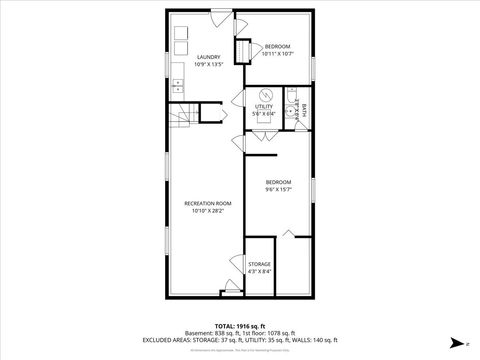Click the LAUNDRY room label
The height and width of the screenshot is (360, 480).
pos(208,57)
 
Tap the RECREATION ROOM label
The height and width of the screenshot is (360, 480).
pos(207,203)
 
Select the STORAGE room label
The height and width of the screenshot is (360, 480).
pos(259,264)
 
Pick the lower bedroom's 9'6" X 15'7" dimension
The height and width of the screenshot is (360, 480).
pos(278,189)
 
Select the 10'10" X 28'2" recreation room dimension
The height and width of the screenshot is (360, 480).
pos(207,211)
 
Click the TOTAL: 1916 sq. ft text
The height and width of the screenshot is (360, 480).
pos(240,326)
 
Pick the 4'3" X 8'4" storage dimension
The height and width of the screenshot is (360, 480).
pos(259,272)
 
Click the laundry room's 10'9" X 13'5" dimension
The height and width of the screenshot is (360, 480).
pos(208,65)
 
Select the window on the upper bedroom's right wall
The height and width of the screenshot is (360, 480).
pos(311,66)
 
